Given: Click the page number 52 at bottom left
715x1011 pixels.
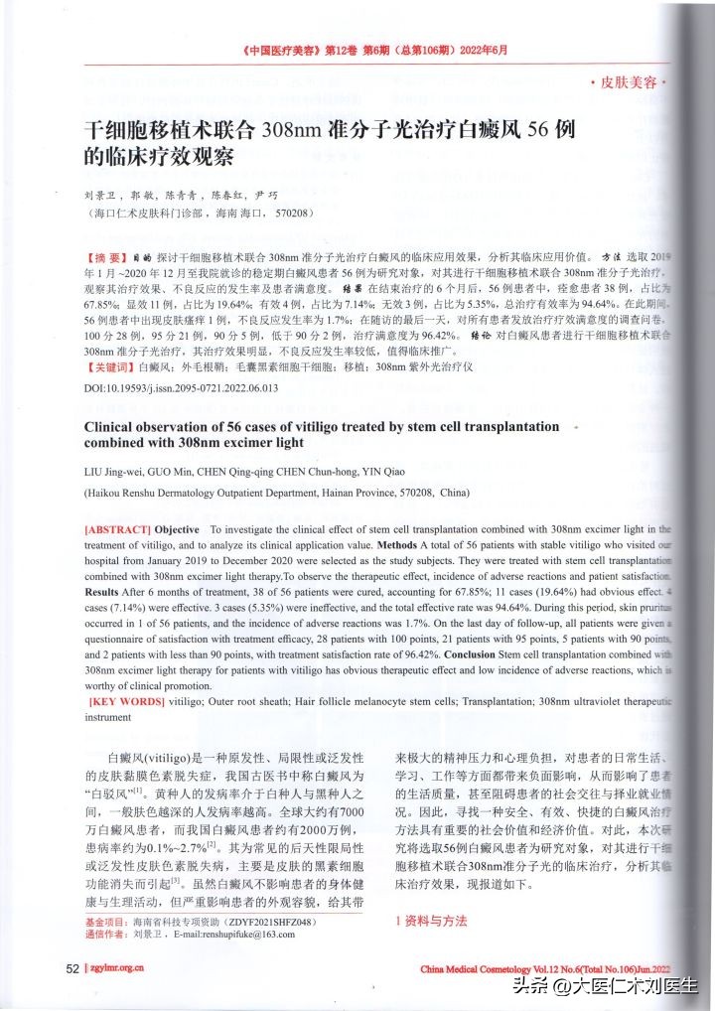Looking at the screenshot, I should (71, 968).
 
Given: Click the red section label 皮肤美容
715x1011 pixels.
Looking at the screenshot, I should (629, 82).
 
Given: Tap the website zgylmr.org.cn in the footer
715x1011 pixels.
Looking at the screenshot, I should (117, 969).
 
